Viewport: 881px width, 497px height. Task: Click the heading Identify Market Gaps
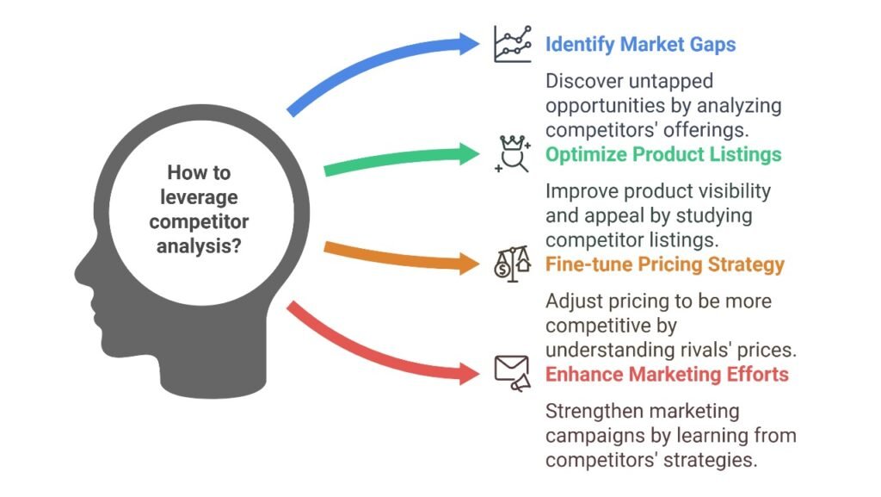640,45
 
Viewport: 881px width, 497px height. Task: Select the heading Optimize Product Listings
663,154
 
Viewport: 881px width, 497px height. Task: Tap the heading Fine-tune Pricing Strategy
665,264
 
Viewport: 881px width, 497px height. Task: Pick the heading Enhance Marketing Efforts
667,375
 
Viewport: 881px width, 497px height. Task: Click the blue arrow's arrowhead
469,44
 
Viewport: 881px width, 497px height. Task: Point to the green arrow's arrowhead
469,154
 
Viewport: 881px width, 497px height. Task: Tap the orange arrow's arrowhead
469,264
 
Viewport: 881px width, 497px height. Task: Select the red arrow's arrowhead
469,373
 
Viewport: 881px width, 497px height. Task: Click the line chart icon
513,44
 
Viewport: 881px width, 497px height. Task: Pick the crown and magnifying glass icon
513,153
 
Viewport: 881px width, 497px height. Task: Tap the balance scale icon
513,263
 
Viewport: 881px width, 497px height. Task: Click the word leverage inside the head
199,197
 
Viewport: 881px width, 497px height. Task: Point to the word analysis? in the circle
199,246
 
